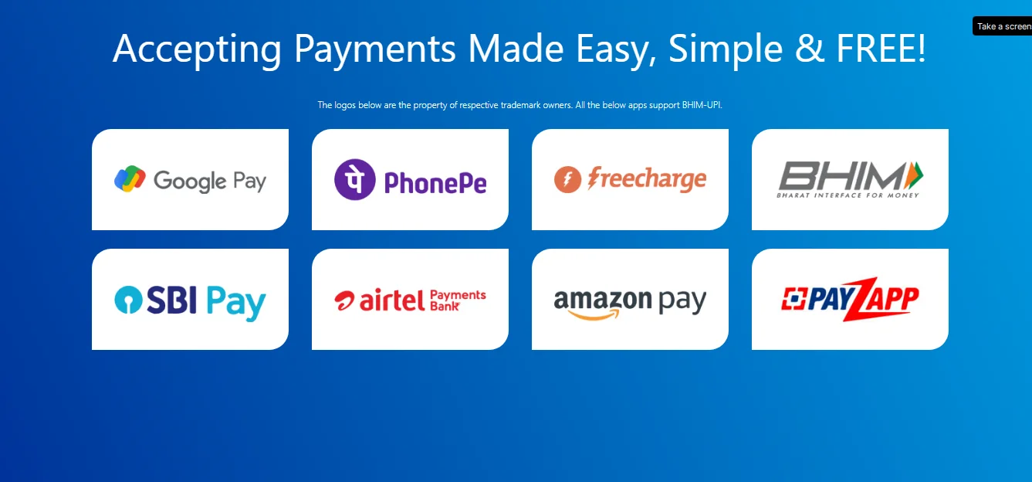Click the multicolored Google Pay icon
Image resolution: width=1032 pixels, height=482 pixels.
click(x=130, y=178)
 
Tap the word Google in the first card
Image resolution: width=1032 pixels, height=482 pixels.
click(x=190, y=182)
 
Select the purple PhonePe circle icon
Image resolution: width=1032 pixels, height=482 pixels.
click(x=355, y=179)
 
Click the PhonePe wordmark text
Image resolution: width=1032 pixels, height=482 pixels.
click(x=435, y=182)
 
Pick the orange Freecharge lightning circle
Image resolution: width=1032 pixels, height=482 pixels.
click(x=567, y=179)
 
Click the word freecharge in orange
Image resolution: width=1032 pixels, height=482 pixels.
click(x=647, y=179)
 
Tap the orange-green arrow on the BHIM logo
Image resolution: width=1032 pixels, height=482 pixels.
click(x=914, y=175)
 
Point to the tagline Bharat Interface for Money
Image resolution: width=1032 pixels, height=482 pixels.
click(x=848, y=195)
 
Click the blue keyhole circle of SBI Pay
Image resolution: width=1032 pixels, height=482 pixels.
click(x=128, y=300)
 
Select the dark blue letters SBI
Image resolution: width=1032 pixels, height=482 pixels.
click(x=172, y=300)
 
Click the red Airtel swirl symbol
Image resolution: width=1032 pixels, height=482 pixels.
click(x=344, y=300)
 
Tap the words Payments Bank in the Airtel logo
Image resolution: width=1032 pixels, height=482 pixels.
click(x=458, y=300)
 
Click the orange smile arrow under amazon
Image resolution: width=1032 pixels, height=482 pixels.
click(x=594, y=315)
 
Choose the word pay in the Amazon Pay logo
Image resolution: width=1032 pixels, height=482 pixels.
click(x=682, y=301)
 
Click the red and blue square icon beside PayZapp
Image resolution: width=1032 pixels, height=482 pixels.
click(x=793, y=298)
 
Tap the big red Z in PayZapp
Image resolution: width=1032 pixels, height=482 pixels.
click(x=861, y=299)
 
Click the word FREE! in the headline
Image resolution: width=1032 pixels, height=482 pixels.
click(x=881, y=49)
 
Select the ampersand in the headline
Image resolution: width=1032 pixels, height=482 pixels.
click(x=810, y=49)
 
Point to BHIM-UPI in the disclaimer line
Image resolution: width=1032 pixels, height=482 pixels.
click(x=702, y=105)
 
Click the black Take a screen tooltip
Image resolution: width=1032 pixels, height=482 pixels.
click(x=1002, y=26)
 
